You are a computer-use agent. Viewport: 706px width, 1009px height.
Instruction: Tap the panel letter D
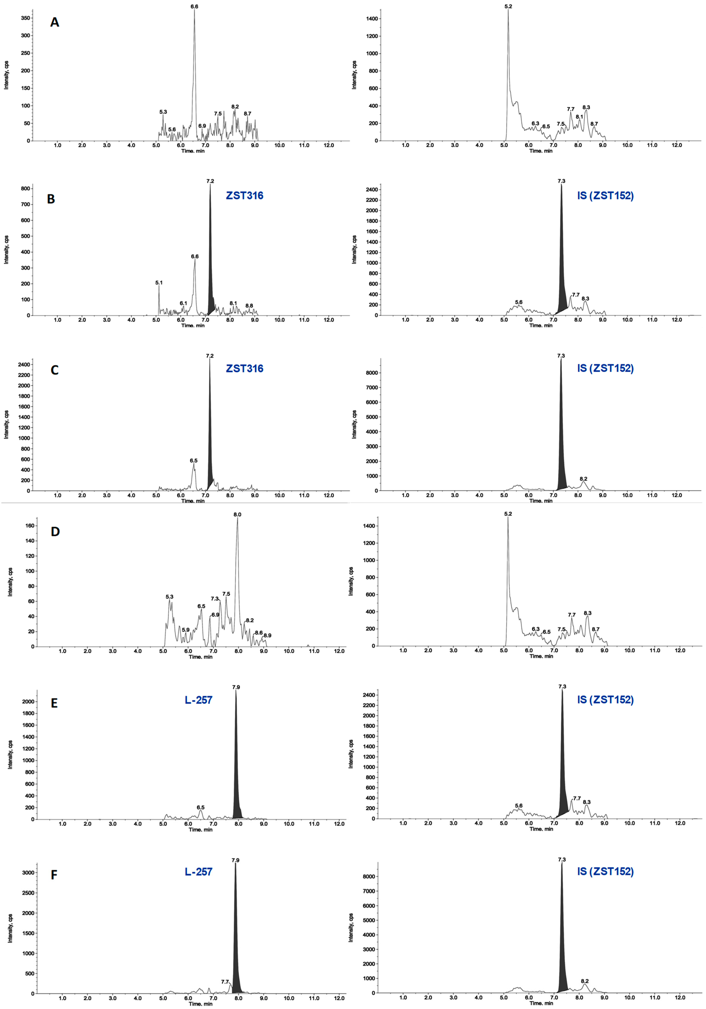click(55, 532)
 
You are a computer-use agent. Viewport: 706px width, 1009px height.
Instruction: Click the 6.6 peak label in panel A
click(194, 7)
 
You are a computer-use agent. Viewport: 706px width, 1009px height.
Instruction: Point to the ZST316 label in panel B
click(245, 196)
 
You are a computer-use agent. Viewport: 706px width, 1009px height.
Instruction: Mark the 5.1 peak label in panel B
click(159, 283)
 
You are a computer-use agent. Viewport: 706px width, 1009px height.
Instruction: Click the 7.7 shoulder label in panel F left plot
click(225, 982)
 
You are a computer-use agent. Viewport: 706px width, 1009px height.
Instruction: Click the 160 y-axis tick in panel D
click(29, 526)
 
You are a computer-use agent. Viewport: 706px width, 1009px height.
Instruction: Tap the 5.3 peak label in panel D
click(169, 597)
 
